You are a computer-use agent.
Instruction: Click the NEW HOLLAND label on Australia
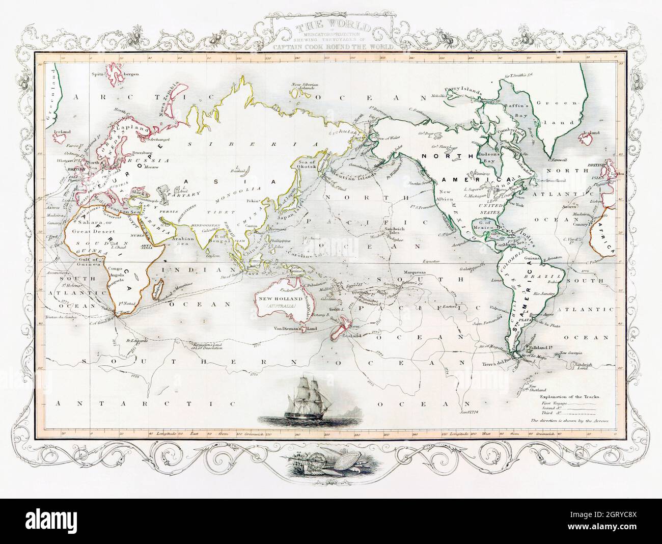click(278, 300)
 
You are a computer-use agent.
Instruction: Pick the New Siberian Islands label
click(305, 86)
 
